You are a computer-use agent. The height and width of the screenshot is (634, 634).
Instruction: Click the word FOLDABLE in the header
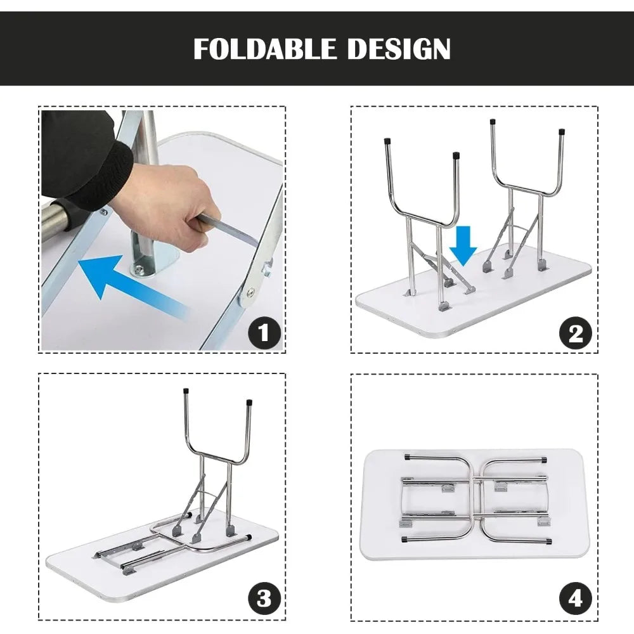click(264, 49)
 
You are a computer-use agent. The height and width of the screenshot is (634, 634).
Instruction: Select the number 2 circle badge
click(576, 333)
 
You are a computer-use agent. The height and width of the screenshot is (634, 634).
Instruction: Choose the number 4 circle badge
click(576, 598)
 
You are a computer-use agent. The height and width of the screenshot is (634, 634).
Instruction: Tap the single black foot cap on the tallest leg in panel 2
click(493, 122)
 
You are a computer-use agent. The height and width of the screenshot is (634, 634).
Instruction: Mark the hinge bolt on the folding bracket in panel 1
click(251, 292)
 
